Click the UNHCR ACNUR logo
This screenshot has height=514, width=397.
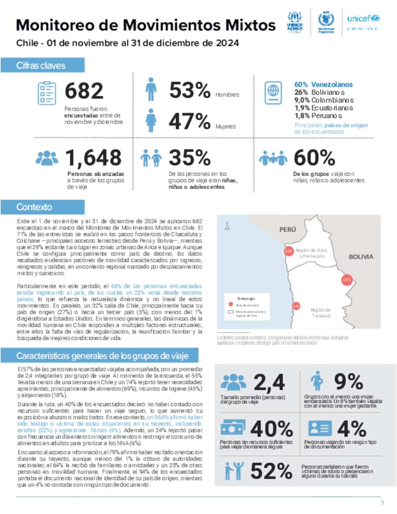click(x=295, y=22)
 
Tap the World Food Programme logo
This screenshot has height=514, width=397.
click(x=326, y=22)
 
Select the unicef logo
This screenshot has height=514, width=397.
click(x=363, y=22)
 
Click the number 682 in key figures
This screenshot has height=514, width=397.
click(x=84, y=91)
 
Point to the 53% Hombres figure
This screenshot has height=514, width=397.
click(x=190, y=90)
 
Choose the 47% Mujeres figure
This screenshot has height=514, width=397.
click(x=190, y=121)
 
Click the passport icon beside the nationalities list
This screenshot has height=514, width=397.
click(x=273, y=93)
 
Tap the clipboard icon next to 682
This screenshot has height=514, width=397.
click(x=47, y=93)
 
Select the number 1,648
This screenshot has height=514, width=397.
click(x=93, y=158)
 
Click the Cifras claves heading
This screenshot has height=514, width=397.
click(x=41, y=66)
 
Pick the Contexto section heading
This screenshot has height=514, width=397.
click(x=34, y=207)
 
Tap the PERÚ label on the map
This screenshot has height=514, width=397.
click(x=288, y=230)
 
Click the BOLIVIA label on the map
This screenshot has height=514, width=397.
click(x=361, y=257)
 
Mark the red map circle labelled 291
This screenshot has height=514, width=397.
click(x=347, y=280)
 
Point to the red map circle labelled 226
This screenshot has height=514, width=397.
click(x=288, y=251)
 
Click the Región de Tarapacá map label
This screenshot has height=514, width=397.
click(x=321, y=313)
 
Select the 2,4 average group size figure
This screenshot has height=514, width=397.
click(x=269, y=382)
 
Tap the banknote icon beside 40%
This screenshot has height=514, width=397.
click(x=233, y=428)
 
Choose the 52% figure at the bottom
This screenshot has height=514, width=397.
click(x=271, y=471)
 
